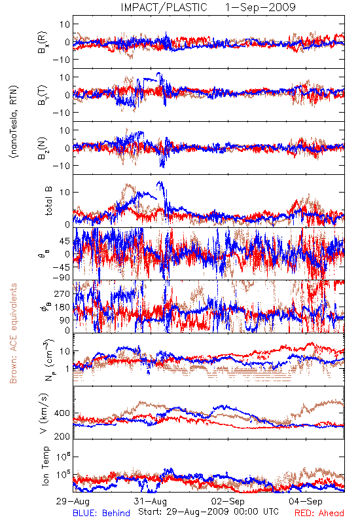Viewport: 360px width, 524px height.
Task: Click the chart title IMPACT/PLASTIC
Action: click(164, 7)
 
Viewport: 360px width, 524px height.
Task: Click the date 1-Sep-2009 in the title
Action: click(261, 7)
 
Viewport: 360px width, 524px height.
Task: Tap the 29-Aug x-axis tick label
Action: click(73, 501)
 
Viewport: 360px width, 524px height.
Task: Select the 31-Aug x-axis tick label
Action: click(151, 501)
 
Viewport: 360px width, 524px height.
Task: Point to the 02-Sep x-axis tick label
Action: click(228, 501)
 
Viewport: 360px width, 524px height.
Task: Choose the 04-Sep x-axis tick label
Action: click(306, 501)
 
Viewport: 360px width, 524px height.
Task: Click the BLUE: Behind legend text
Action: click(101, 513)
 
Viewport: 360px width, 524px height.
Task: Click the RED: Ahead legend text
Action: click(319, 513)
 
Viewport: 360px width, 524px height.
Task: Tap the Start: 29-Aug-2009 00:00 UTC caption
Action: click(208, 512)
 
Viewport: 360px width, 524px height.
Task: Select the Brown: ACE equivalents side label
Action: click(13, 333)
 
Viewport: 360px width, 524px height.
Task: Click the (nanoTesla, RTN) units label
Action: click(14, 122)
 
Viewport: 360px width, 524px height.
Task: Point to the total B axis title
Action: click(48, 201)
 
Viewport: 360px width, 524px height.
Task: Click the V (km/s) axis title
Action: click(44, 413)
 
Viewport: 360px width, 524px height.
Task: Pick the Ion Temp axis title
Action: click(45, 466)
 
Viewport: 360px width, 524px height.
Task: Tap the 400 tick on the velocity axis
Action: click(62, 413)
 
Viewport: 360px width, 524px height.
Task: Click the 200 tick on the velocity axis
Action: click(62, 436)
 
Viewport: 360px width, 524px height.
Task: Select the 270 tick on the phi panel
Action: click(62, 293)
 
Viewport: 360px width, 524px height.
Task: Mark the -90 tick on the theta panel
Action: click(61, 277)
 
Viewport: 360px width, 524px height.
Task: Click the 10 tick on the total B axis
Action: click(65, 192)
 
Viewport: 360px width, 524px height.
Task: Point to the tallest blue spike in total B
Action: click(159, 183)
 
